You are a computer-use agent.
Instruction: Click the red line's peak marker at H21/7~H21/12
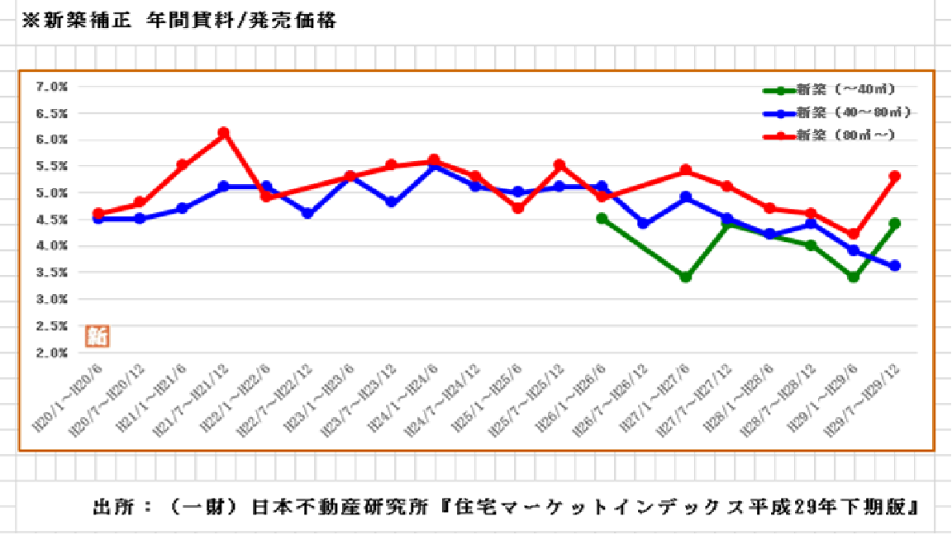(223, 133)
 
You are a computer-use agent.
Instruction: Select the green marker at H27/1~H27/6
(685, 277)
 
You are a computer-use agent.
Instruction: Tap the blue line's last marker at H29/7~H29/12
(895, 266)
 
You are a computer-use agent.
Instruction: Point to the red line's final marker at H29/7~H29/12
(895, 176)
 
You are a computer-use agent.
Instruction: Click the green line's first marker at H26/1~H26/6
(602, 219)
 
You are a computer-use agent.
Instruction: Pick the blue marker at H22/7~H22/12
(307, 213)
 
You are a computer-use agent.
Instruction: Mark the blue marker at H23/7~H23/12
(392, 202)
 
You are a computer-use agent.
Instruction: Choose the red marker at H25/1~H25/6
(518, 208)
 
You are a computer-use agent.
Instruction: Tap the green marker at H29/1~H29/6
(854, 277)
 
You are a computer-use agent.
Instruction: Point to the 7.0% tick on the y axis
(51, 86)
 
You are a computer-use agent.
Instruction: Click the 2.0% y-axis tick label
(51, 353)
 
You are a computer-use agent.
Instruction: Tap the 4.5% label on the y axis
(51, 220)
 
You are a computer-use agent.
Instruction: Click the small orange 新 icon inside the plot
(98, 335)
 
